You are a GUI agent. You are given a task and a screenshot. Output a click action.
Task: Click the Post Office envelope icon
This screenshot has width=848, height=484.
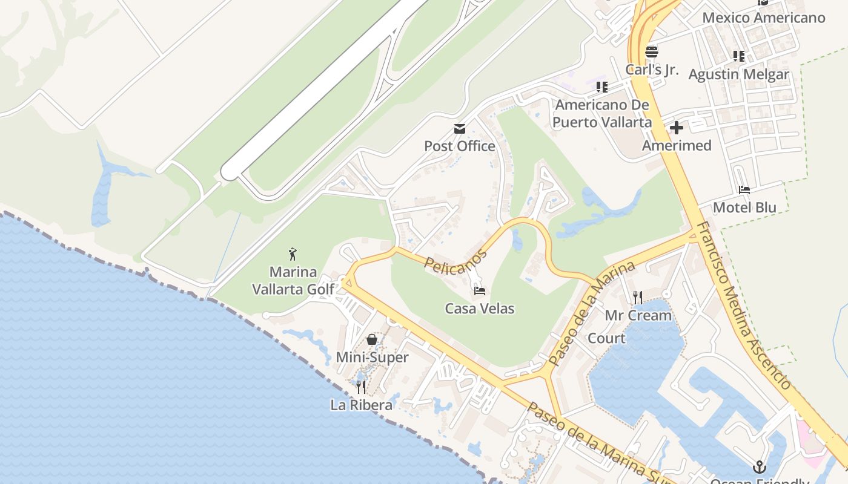click(x=460, y=128)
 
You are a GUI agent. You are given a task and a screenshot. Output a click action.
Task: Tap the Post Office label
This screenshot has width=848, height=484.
click(x=460, y=146)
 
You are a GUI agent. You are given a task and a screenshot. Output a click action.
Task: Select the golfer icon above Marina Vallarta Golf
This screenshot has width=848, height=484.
click(x=293, y=254)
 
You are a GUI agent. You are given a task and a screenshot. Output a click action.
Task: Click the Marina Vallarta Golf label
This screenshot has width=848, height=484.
click(x=293, y=280)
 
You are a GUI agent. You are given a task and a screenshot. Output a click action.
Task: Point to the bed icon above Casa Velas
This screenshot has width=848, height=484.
click(x=480, y=291)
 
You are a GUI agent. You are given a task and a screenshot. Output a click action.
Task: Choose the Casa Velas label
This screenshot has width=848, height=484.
click(x=480, y=309)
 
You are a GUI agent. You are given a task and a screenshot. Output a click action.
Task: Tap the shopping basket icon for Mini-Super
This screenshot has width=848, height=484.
click(x=372, y=339)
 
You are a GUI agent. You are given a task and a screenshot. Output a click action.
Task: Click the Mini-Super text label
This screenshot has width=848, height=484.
click(x=372, y=358)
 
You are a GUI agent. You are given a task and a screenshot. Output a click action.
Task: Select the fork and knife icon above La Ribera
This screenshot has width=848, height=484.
click(x=361, y=387)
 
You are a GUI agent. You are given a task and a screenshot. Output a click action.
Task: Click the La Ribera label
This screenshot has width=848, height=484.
click(x=361, y=405)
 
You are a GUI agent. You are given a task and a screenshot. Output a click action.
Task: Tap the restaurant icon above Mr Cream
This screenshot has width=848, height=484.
click(x=638, y=297)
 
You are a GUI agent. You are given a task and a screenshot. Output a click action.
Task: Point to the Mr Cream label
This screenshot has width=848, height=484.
click(x=638, y=315)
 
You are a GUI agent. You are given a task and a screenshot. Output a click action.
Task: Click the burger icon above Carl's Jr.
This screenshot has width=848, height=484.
click(x=652, y=52)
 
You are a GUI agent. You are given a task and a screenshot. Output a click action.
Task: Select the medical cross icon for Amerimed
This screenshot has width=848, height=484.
click(x=677, y=128)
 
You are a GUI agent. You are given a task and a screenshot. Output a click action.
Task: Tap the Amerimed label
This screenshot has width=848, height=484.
click(x=677, y=146)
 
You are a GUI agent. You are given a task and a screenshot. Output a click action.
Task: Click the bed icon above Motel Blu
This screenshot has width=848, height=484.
click(x=744, y=190)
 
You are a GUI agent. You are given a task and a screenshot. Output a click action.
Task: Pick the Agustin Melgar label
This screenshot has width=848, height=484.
click(x=739, y=74)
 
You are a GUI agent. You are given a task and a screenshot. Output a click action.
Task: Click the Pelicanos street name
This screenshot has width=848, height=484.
click(x=455, y=261)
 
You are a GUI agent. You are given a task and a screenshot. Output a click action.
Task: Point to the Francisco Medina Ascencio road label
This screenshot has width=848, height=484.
click(x=742, y=306)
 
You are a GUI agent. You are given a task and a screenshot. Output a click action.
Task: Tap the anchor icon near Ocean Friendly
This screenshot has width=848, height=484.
click(x=759, y=466)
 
